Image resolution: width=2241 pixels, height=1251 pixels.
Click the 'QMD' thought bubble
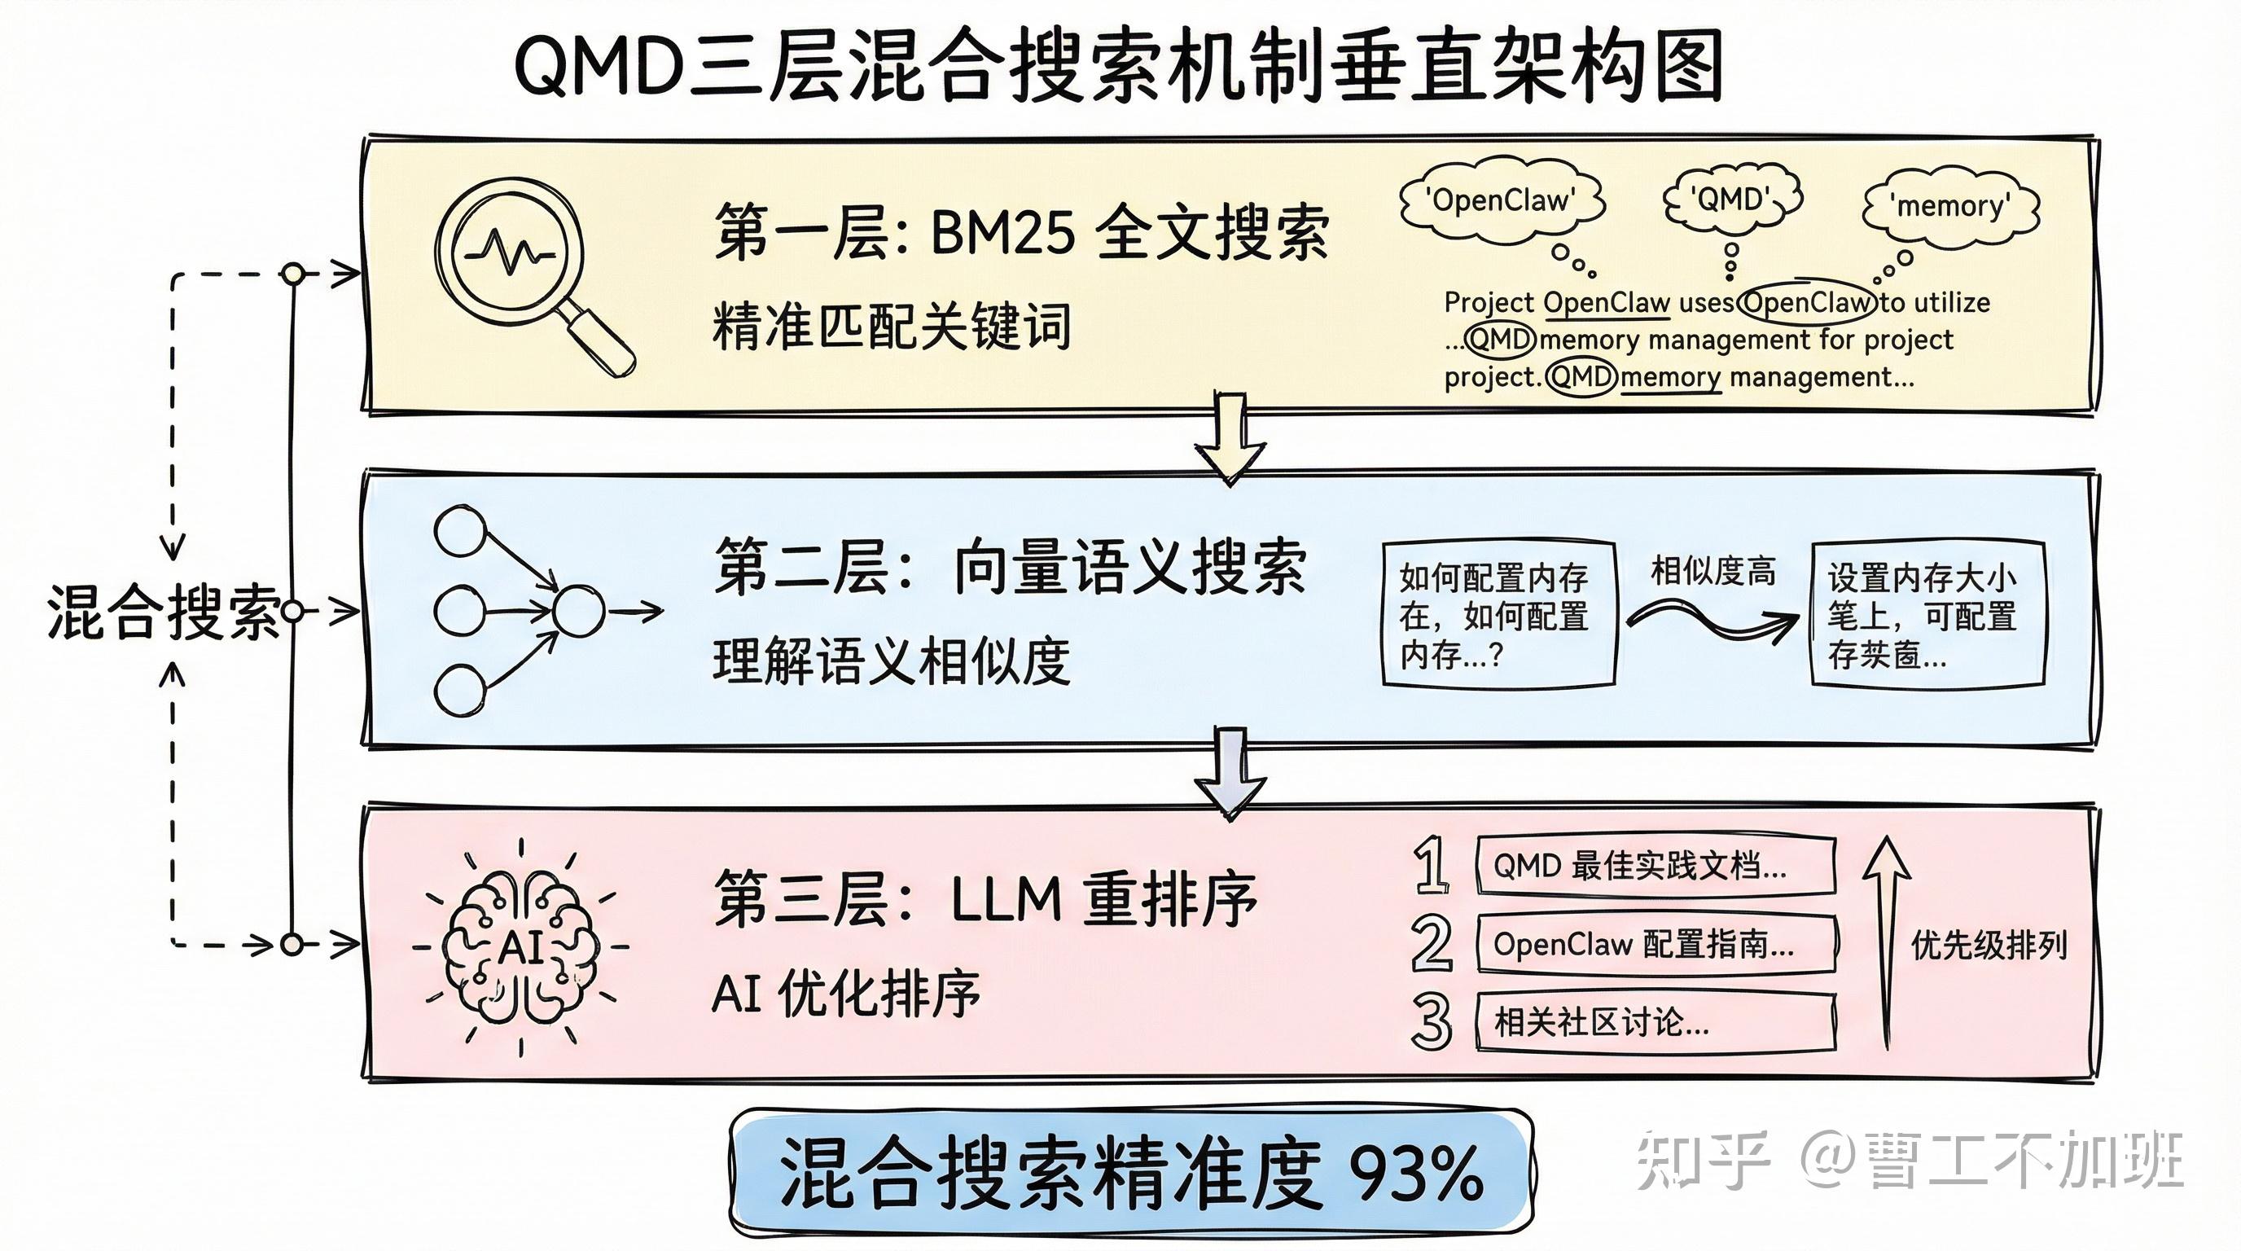coord(1731,200)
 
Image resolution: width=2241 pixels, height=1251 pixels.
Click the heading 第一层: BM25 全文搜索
coord(1021,233)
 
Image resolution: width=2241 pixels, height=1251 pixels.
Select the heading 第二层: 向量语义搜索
coord(1009,567)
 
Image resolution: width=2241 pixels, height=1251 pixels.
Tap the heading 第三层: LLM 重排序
coord(985,898)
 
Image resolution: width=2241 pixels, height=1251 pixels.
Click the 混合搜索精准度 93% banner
coord(1131,1173)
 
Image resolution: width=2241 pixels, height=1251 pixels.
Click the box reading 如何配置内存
coord(1498,614)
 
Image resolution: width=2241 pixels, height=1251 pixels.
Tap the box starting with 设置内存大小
coord(1926,614)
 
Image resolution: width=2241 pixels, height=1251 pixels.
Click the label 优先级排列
coord(1989,945)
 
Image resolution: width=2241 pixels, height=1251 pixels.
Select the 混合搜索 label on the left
coord(164,612)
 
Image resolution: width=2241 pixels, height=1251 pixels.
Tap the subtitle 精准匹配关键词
coord(891,327)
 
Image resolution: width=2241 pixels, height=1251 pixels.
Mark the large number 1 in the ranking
coord(1431,865)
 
